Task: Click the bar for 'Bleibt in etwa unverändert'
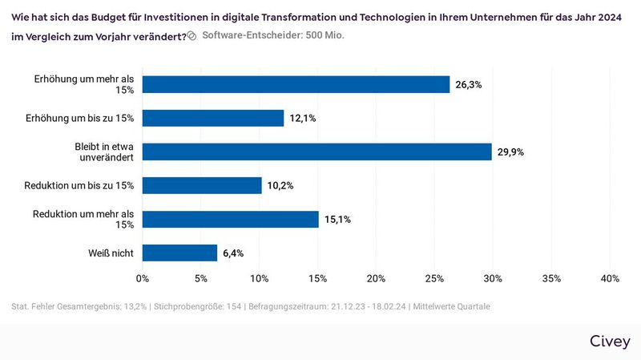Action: coord(316,152)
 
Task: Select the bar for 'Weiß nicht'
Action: coord(179,253)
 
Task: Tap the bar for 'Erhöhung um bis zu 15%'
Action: coord(213,118)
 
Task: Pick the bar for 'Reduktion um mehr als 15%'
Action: coord(230,219)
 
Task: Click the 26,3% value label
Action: coord(470,84)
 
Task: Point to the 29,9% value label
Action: coord(511,152)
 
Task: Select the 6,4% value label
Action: coord(233,253)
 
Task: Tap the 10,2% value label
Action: coord(281,185)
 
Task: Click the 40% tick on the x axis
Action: coord(609,278)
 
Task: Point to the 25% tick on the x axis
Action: coord(434,278)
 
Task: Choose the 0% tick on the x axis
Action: coord(143,278)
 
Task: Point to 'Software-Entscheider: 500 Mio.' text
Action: coord(273,35)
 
